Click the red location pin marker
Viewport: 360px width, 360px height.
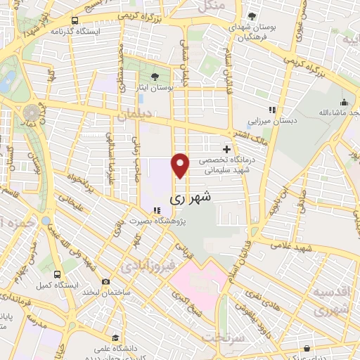tap(181, 164)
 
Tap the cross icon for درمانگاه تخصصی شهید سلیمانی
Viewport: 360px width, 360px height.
tap(226, 149)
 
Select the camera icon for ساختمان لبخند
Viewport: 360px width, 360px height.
tap(105, 282)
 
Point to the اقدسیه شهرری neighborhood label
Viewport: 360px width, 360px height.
tap(330, 300)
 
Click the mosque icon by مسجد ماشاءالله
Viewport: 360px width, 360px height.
tap(344, 102)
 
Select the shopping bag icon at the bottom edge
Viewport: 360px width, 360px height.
tap(307, 347)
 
